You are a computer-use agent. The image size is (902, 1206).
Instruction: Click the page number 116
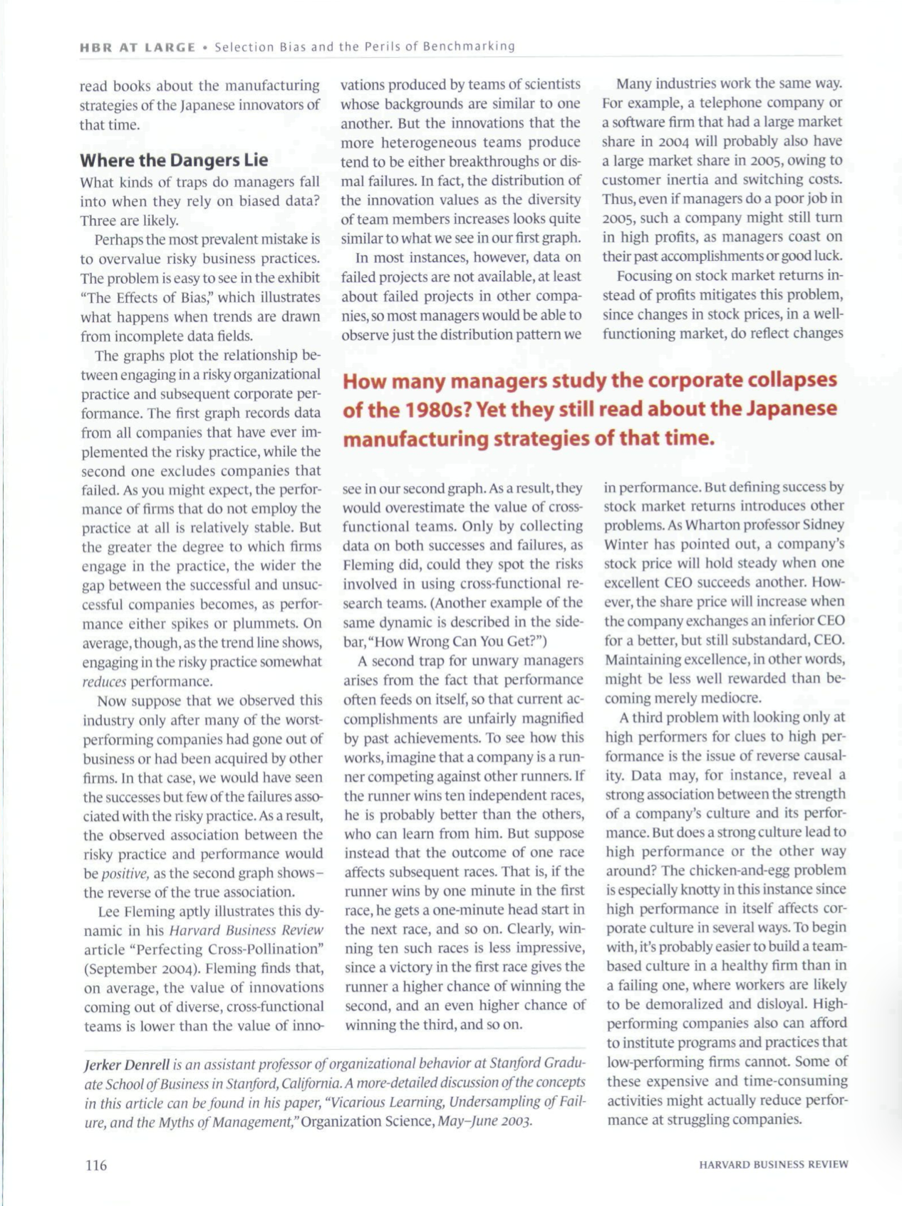point(95,1165)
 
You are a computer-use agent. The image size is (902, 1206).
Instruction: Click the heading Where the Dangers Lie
point(174,160)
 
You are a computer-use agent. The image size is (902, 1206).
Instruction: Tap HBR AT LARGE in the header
point(138,47)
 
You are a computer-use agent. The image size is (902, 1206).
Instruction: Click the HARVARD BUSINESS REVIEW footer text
point(773,1165)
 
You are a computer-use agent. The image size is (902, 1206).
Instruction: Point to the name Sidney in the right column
point(824,525)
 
